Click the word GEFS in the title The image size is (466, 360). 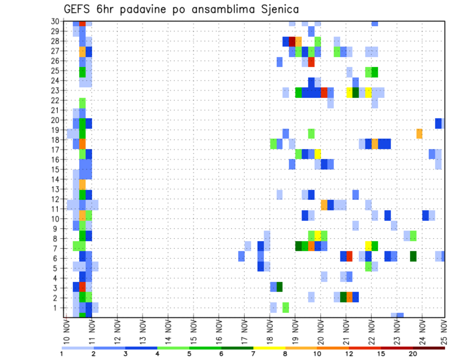coord(79,9)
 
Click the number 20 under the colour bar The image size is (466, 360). coord(413,354)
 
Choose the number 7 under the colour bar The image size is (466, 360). coord(253,354)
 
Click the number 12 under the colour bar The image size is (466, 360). coord(349,354)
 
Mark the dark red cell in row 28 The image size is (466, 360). coord(292,41)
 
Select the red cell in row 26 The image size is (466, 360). coord(311,62)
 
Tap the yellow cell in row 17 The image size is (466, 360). coord(317,154)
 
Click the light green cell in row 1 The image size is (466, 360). coord(286,307)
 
